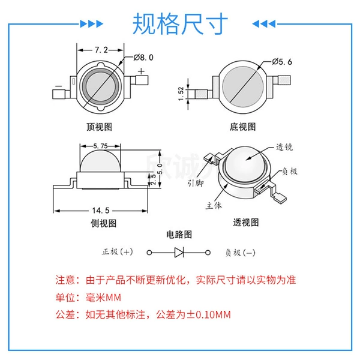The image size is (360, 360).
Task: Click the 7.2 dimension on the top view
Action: pyautogui.click(x=101, y=50)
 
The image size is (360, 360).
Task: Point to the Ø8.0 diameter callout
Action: pyautogui.click(x=143, y=58)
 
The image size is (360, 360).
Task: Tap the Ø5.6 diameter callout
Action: pyautogui.click(x=282, y=62)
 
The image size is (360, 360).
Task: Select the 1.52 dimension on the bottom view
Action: pyautogui.click(x=181, y=94)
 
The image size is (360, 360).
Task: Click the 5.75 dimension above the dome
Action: pyautogui.click(x=100, y=146)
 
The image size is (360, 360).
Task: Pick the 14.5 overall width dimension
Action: pyautogui.click(x=101, y=211)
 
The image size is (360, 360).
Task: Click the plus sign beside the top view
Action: pyautogui.click(x=141, y=71)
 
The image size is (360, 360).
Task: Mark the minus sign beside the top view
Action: pyautogui.click(x=59, y=86)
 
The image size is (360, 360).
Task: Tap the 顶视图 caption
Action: pyautogui.click(x=99, y=127)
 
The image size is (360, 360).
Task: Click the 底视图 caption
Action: pyautogui.click(x=242, y=127)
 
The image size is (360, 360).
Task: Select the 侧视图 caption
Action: pyautogui.click(x=104, y=223)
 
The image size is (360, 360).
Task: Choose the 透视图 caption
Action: pyautogui.click(x=246, y=223)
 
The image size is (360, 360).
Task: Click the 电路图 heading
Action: pyautogui.click(x=179, y=235)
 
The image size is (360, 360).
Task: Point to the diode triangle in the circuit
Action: pyautogui.click(x=179, y=253)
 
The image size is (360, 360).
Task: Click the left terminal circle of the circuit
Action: pyautogui.click(x=149, y=253)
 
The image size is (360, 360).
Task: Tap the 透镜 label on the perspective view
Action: pyautogui.click(x=284, y=147)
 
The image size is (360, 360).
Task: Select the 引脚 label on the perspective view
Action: pyautogui.click(x=196, y=183)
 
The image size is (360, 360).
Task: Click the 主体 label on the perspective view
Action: pyautogui.click(x=214, y=205)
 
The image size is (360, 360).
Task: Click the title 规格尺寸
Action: pyautogui.click(x=180, y=23)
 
